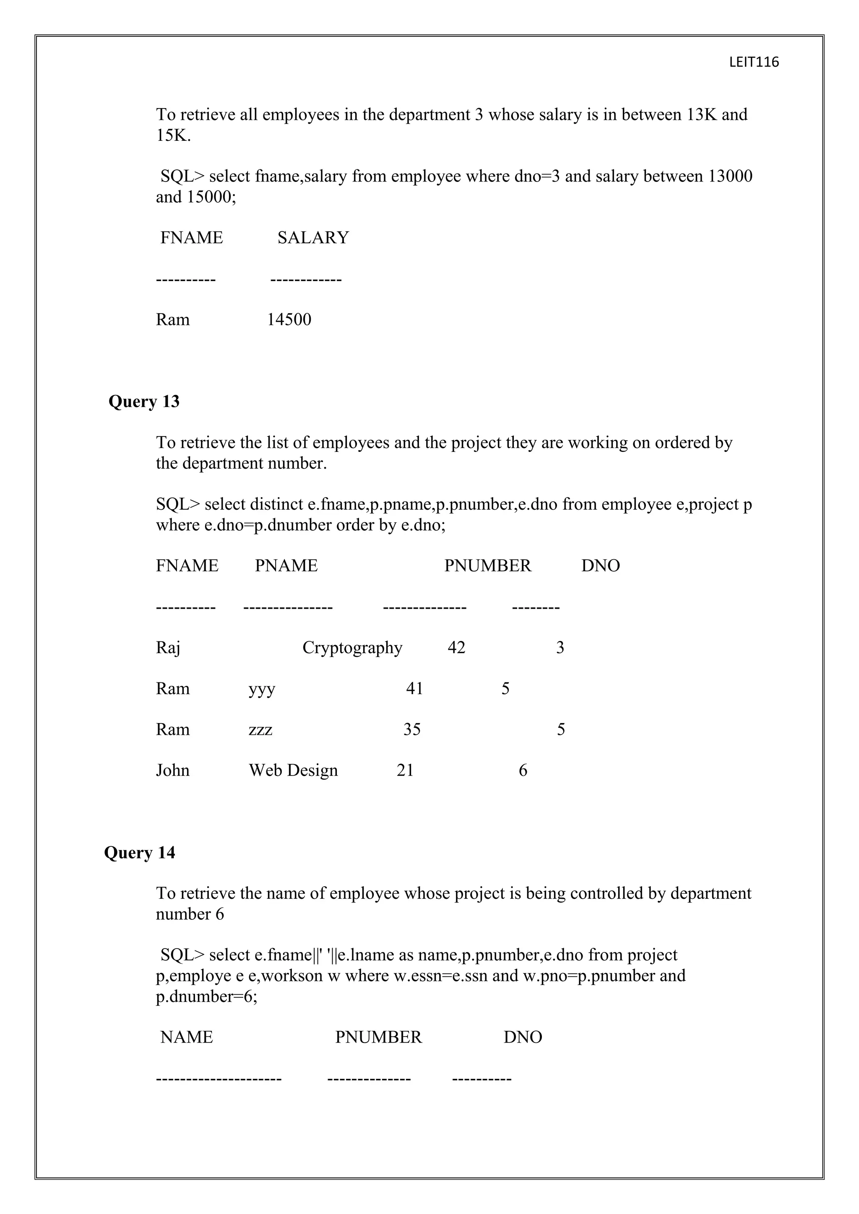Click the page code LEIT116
pyautogui.click(x=754, y=62)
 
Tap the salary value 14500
pyautogui.click(x=289, y=319)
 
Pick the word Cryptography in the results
pyautogui.click(x=352, y=648)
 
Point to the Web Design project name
pyautogui.click(x=293, y=770)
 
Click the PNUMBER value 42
pyautogui.click(x=456, y=648)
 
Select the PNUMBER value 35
pyautogui.click(x=412, y=730)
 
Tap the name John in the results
pyautogui.click(x=172, y=770)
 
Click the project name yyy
pyautogui.click(x=262, y=689)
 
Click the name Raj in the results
pyautogui.click(x=168, y=648)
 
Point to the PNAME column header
pyautogui.click(x=286, y=566)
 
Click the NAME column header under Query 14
pyautogui.click(x=187, y=1038)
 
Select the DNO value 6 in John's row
pyautogui.click(x=523, y=770)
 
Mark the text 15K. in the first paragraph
pyautogui.click(x=173, y=135)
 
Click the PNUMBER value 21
pyautogui.click(x=405, y=770)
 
